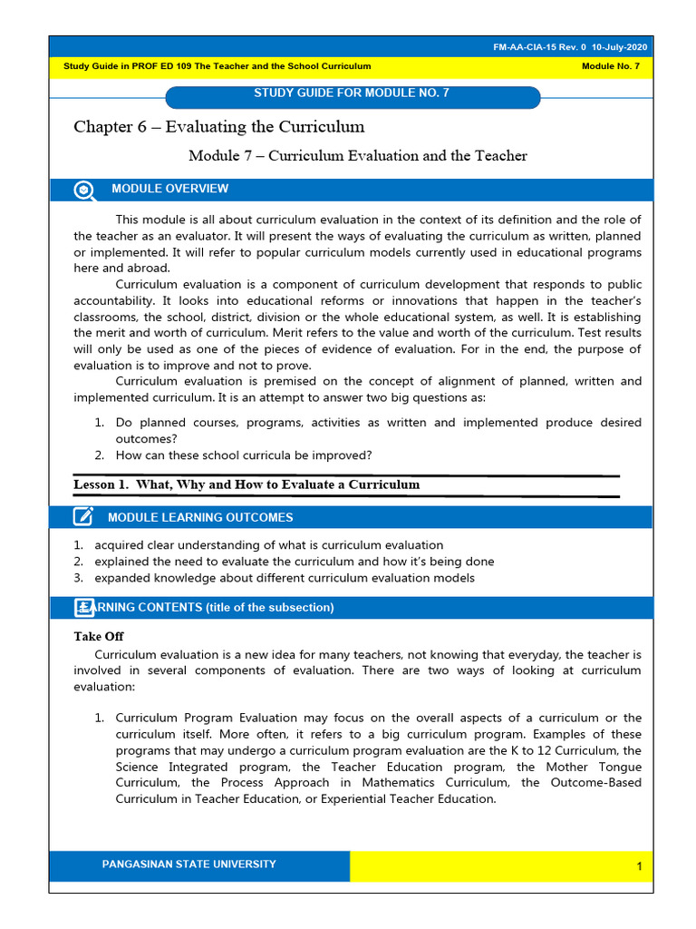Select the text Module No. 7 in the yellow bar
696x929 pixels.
[x=610, y=67]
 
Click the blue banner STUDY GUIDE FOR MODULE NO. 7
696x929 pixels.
[x=353, y=93]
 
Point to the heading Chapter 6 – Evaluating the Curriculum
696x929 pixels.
[x=218, y=127]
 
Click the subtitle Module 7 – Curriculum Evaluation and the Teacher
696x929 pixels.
[x=357, y=156]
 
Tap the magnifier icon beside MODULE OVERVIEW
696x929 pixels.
[x=83, y=190]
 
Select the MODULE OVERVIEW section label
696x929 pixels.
[x=169, y=189]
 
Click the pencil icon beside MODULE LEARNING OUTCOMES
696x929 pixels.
[x=83, y=517]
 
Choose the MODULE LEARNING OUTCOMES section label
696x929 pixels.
[x=200, y=517]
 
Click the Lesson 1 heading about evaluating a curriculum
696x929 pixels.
[x=246, y=484]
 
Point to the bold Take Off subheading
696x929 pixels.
[x=99, y=637]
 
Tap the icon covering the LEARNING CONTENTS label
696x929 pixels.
[x=84, y=608]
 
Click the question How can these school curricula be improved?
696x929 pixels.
[x=244, y=455]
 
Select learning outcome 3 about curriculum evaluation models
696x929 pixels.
[x=284, y=578]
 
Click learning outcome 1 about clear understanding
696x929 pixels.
[x=268, y=545]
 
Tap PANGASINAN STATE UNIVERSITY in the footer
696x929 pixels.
[x=188, y=865]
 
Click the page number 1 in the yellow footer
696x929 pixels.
[x=638, y=867]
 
